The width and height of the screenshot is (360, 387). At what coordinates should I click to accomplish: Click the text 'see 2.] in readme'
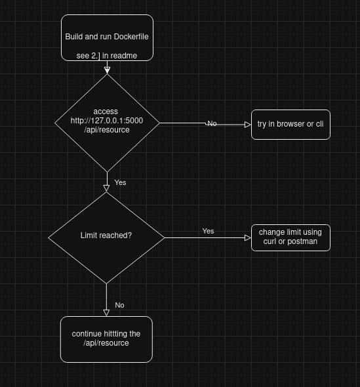pyautogui.click(x=107, y=56)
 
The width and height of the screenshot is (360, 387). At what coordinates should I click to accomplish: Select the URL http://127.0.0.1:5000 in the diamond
pyautogui.click(x=107, y=121)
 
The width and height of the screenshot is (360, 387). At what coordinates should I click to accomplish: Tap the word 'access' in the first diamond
pyautogui.click(x=106, y=112)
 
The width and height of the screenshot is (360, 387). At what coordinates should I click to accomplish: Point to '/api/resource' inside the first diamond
pyautogui.click(x=107, y=130)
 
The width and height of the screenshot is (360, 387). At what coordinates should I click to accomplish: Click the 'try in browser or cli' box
pyautogui.click(x=290, y=125)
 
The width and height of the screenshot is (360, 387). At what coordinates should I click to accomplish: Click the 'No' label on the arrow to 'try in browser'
pyautogui.click(x=212, y=123)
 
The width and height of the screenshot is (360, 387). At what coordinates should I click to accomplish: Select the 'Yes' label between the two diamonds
pyautogui.click(x=120, y=182)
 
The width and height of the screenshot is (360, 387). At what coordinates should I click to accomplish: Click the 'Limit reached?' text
pyautogui.click(x=106, y=235)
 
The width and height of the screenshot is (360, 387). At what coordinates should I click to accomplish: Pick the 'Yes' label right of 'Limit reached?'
pyautogui.click(x=208, y=231)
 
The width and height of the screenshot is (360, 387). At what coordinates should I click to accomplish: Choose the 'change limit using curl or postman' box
pyautogui.click(x=290, y=237)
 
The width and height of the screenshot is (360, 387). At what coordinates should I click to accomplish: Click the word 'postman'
pyautogui.click(x=302, y=241)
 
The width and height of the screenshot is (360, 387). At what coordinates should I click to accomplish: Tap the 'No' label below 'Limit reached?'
pyautogui.click(x=119, y=305)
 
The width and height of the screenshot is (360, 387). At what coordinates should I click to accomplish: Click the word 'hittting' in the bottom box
pyautogui.click(x=115, y=334)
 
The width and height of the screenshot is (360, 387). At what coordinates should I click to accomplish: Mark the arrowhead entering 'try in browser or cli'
pyautogui.click(x=247, y=125)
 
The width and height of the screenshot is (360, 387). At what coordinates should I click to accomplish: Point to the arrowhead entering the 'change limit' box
pyautogui.click(x=247, y=237)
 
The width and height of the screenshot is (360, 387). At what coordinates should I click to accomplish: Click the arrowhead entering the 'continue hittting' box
pyautogui.click(x=106, y=313)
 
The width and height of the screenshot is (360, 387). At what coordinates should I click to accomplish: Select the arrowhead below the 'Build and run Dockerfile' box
pyautogui.click(x=107, y=71)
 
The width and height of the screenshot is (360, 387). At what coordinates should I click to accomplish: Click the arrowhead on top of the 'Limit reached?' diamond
pyautogui.click(x=106, y=188)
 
